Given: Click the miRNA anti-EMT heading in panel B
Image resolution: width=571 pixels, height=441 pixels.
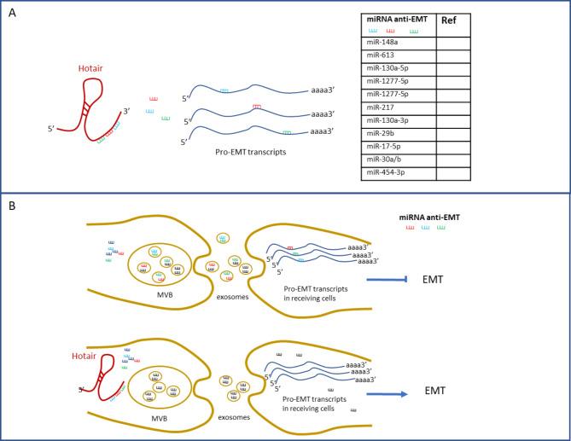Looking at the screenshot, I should tap(431, 218).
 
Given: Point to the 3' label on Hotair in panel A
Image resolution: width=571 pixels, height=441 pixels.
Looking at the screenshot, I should tap(126, 110).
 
